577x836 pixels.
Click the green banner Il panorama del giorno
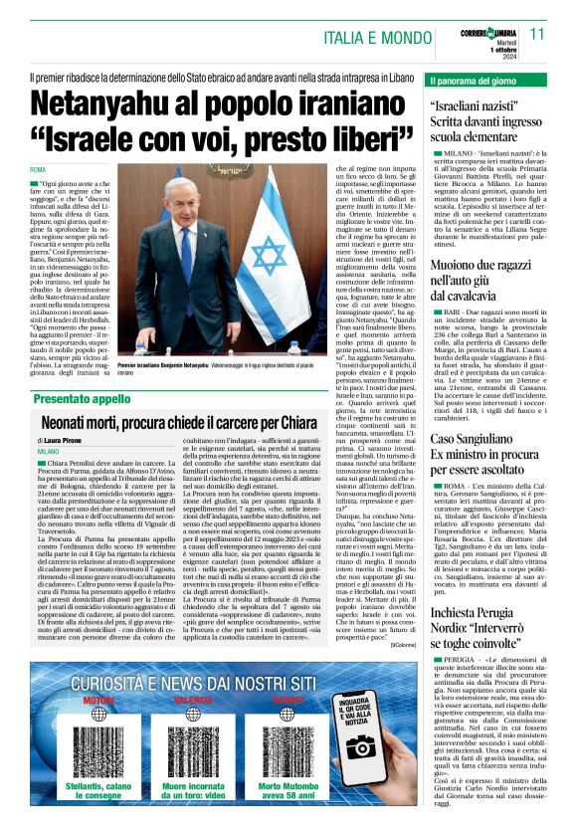click(x=477, y=79)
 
